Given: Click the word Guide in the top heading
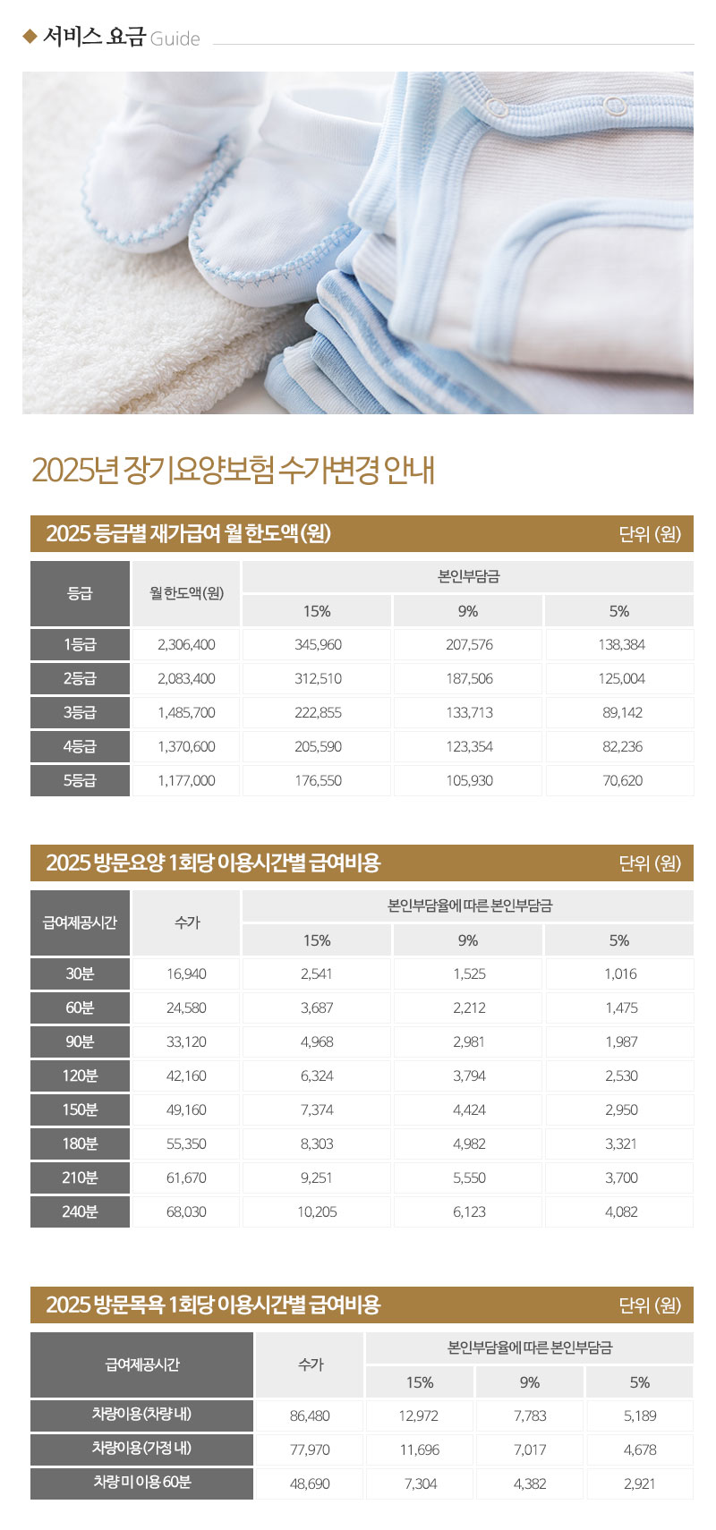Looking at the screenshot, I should tap(175, 38).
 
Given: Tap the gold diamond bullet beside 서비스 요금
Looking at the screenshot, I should tap(30, 37).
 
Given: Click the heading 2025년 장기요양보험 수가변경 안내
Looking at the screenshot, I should tap(233, 470).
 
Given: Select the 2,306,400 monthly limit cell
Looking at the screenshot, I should tap(186, 644).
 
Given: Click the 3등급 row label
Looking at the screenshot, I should tap(80, 712).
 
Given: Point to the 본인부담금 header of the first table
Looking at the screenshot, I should tap(468, 577).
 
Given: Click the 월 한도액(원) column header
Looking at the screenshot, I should tap(186, 593).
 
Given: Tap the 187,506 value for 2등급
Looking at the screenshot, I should tap(469, 678).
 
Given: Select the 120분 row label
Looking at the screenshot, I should tap(80, 1075).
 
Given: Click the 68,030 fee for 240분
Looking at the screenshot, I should tap(186, 1211).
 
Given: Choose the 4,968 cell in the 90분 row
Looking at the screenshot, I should tap(317, 1041).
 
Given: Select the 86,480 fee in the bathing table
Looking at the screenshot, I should tap(310, 1415).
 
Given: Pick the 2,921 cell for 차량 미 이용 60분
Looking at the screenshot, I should tap(639, 1483).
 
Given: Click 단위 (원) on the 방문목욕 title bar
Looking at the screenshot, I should tap(650, 1305).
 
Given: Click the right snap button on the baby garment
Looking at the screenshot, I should tap(614, 106).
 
